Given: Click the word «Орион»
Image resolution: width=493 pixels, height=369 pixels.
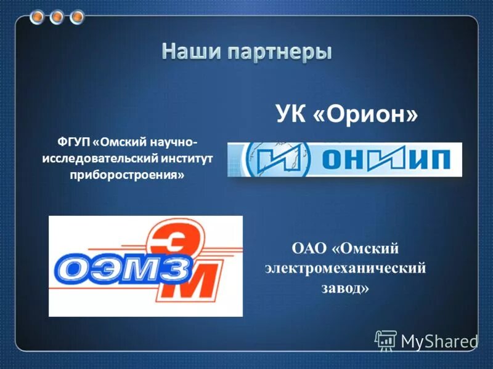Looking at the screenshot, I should coord(366,114).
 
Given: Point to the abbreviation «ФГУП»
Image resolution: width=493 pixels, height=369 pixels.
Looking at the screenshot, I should coord(74,143).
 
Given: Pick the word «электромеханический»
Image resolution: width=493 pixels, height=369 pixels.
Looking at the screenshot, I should coord(346,269).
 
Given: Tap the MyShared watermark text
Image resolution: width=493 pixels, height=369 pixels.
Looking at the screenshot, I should coord(439,339).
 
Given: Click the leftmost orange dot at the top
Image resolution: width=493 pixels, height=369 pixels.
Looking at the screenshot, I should coord(38,17).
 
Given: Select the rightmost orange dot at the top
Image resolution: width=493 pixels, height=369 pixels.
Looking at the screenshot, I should coord(76,17).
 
